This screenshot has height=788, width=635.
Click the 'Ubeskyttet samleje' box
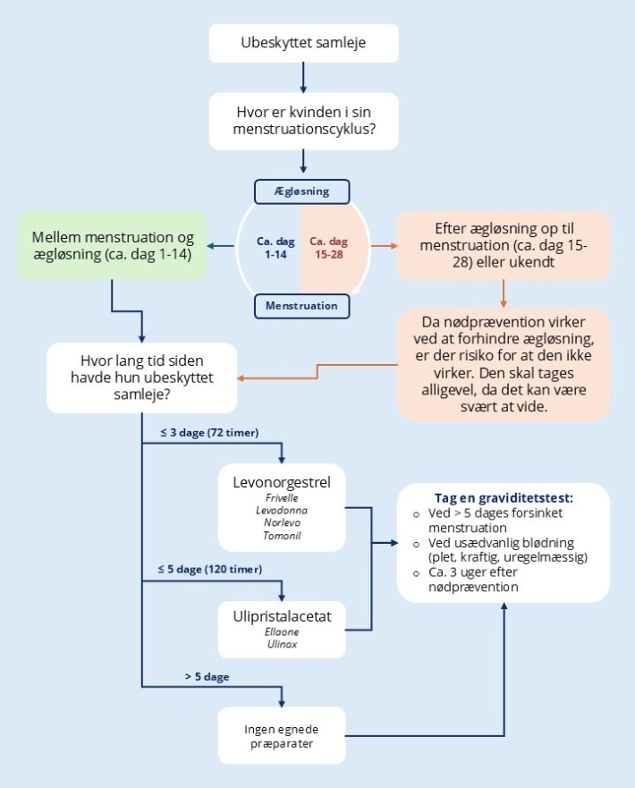click(303, 43)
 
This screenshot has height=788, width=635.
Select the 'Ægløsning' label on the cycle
click(301, 191)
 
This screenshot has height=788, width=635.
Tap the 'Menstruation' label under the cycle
click(301, 306)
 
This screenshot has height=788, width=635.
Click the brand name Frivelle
click(281, 498)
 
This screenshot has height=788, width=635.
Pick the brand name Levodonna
click(281, 510)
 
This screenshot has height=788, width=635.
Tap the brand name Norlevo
click(281, 521)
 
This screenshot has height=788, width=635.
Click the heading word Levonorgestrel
click(281, 483)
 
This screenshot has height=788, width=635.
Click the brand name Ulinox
click(281, 646)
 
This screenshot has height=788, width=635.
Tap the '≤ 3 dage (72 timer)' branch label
click(209, 434)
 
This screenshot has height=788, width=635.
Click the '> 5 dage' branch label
click(207, 677)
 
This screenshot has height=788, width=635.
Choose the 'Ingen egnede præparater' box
click(282, 735)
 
